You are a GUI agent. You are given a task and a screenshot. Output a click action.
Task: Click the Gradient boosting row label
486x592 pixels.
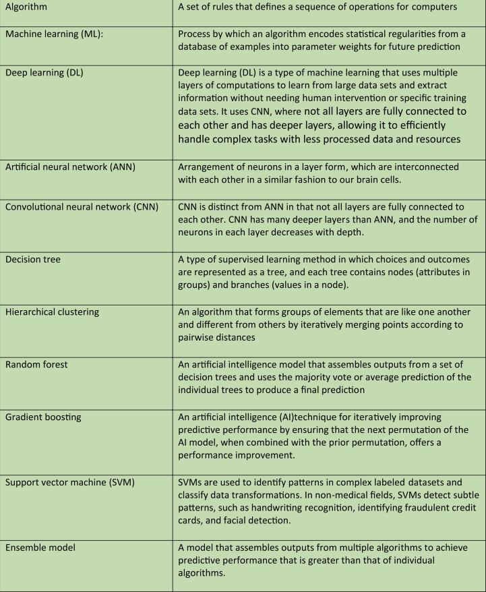click(42, 417)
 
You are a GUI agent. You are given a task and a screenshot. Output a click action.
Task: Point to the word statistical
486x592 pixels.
click(351, 34)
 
